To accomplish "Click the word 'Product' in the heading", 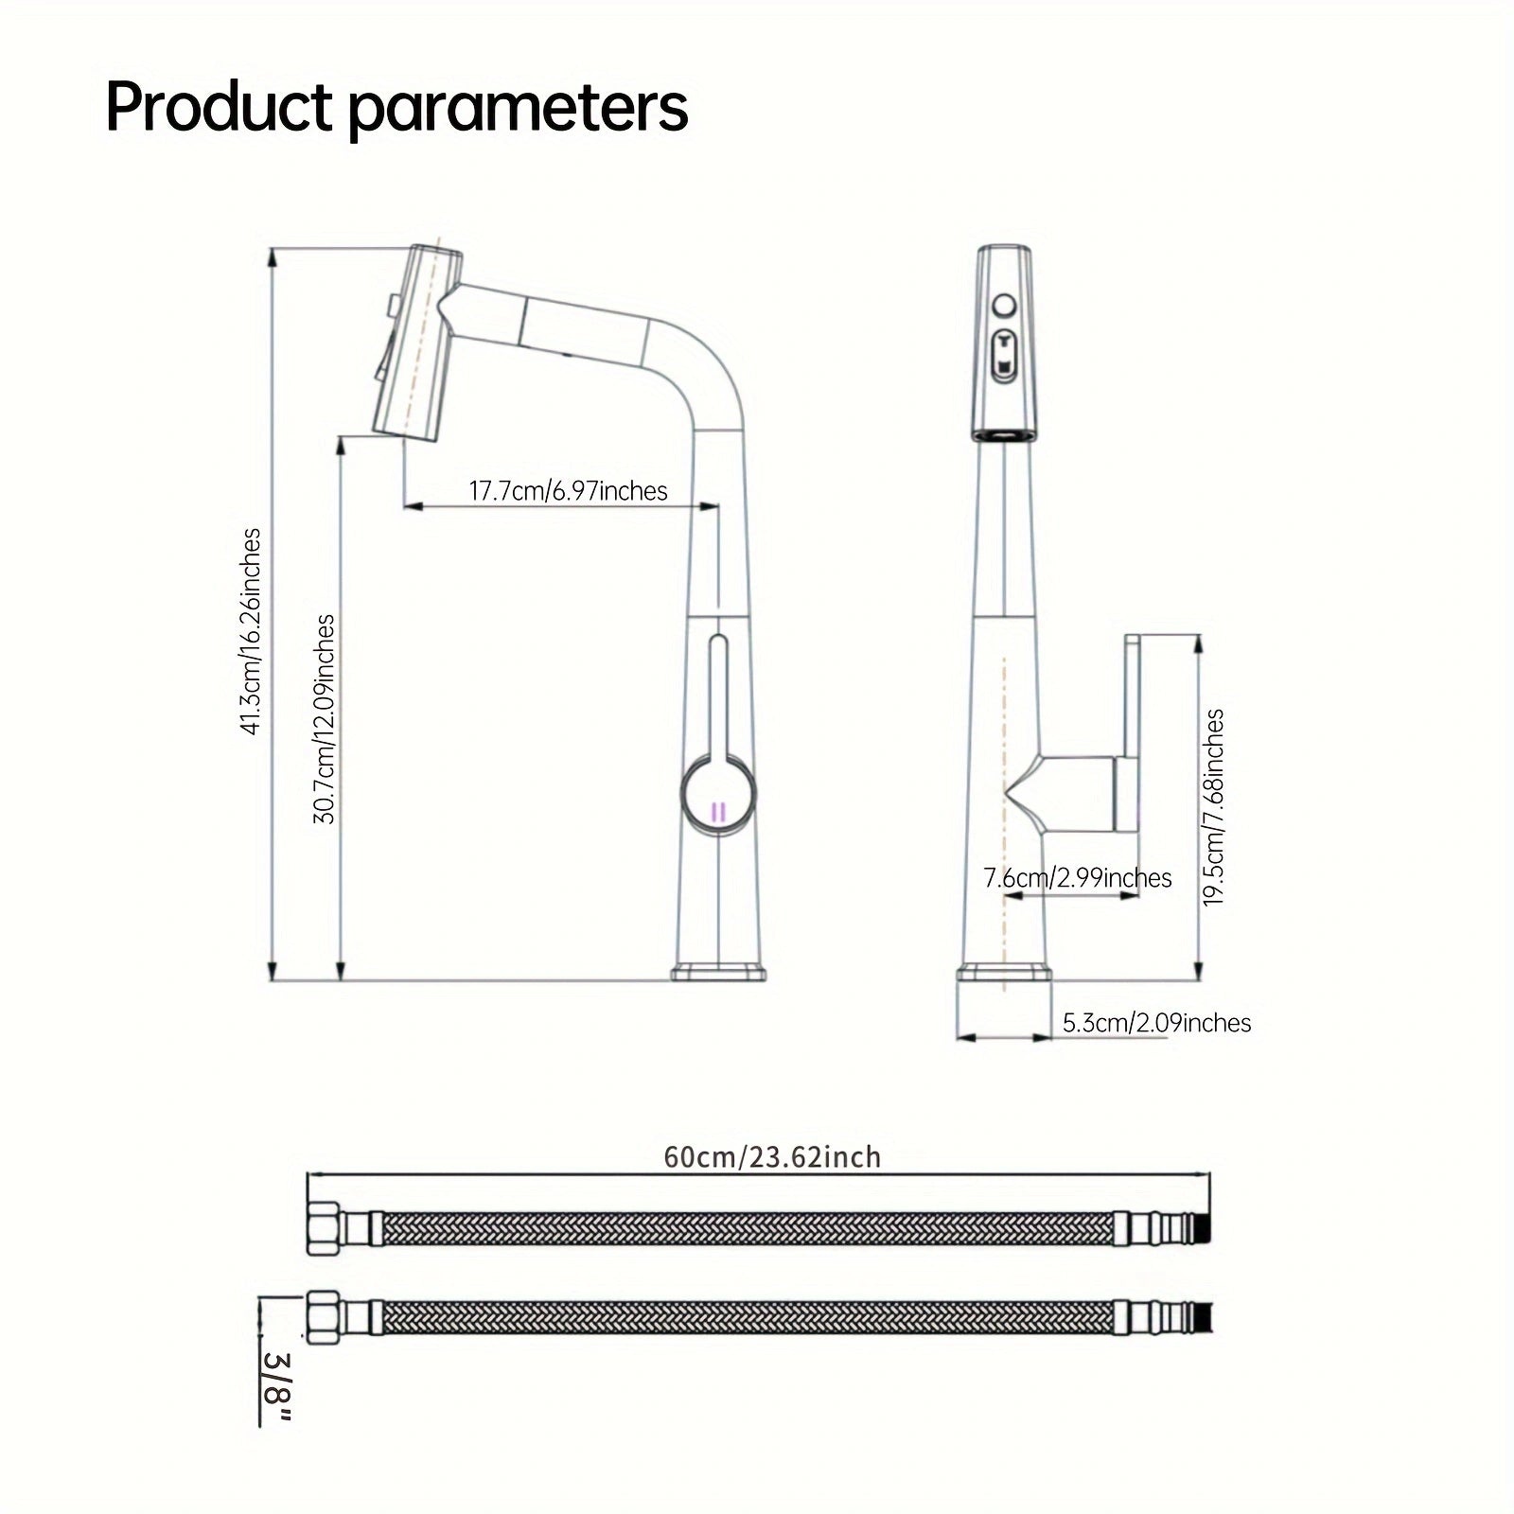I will click(x=219, y=108).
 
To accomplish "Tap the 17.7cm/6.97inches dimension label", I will click(x=568, y=491).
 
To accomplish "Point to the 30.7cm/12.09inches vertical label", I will click(x=325, y=719).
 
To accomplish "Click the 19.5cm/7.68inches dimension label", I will click(x=1214, y=807).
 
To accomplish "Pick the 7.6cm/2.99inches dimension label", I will click(x=1077, y=878).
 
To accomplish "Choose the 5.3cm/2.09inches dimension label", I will click(x=1156, y=1023).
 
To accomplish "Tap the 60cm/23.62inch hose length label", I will click(x=771, y=1157).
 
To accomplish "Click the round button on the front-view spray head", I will click(x=1004, y=307).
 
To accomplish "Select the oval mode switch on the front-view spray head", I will click(x=1004, y=357).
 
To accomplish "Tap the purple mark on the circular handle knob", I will click(x=718, y=811).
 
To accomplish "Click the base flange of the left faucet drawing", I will click(x=719, y=973).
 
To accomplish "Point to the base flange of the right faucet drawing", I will click(x=1004, y=975).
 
